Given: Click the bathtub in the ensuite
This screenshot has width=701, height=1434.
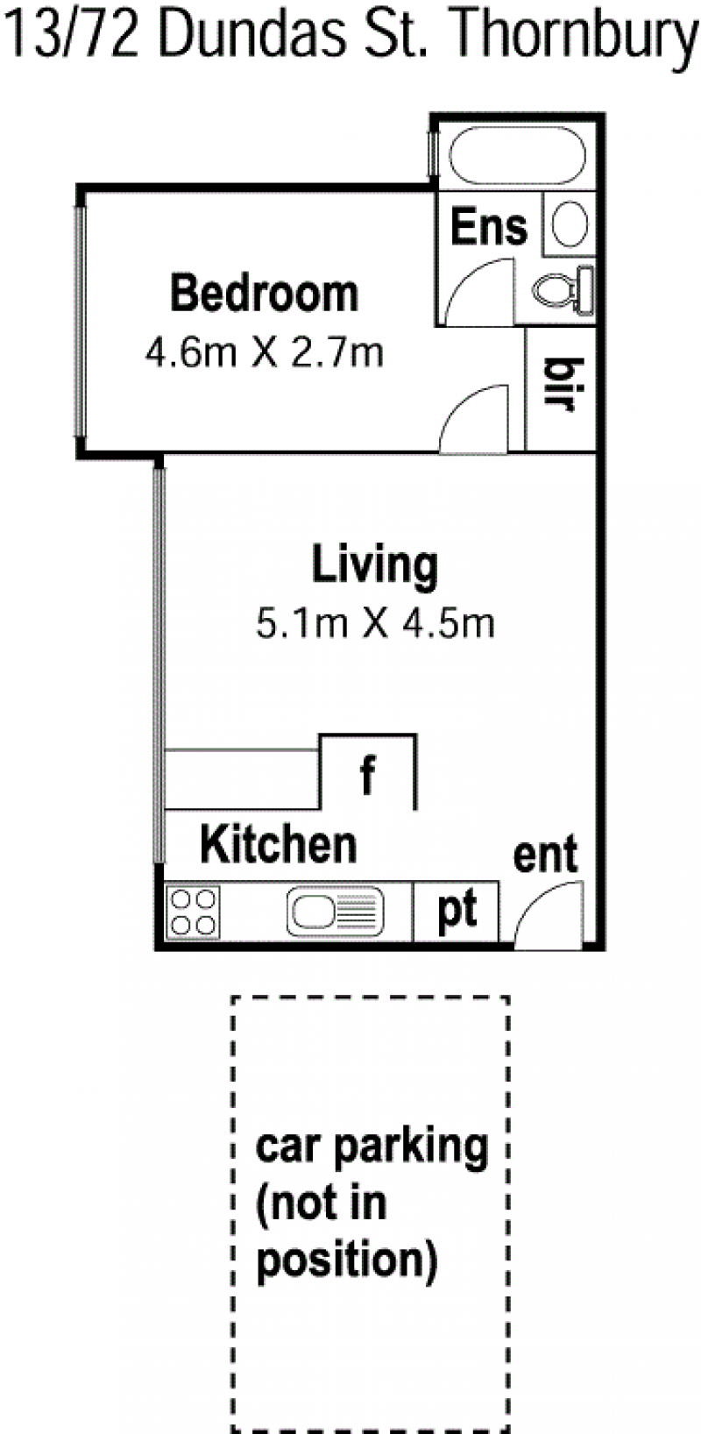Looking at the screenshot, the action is (x=517, y=155).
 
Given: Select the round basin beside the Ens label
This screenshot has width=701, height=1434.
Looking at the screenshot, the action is (x=569, y=224).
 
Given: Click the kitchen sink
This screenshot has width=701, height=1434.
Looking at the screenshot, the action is (x=336, y=911).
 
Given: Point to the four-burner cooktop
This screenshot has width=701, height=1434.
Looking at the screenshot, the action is (x=193, y=912).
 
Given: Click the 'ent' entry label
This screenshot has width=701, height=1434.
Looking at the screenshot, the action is (x=545, y=855).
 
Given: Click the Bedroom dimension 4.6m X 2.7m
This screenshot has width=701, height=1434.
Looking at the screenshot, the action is (x=265, y=352).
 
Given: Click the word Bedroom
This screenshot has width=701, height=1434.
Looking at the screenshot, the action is (x=264, y=294).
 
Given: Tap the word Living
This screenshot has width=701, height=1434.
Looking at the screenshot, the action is (x=374, y=566).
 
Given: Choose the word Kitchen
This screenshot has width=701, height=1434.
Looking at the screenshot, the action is (x=279, y=844).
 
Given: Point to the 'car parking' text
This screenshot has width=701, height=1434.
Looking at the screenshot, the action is (x=372, y=1147).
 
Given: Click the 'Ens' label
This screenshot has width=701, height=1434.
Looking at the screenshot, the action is (x=489, y=227).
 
